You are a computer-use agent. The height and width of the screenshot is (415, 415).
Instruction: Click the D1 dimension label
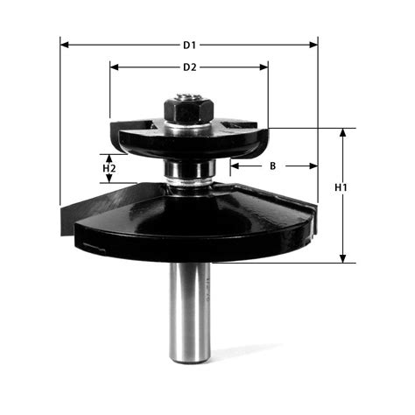(188, 43)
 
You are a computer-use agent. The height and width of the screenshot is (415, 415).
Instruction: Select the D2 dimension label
(188, 67)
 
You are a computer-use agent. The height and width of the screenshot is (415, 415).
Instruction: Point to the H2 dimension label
(109, 166)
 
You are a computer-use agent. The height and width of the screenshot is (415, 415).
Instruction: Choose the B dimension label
(272, 165)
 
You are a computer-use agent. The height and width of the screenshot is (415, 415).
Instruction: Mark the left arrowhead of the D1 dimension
(64, 43)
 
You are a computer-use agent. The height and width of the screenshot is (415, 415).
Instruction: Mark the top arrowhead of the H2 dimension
(109, 154)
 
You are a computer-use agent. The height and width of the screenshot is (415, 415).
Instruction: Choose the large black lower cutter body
(193, 219)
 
